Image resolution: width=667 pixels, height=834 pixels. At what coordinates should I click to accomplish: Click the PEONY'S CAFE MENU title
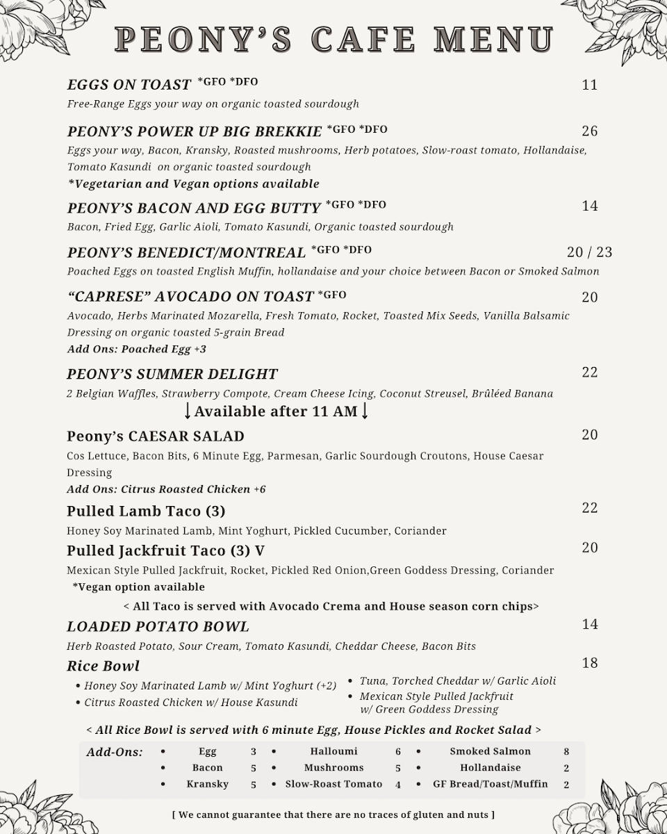[x=333, y=40]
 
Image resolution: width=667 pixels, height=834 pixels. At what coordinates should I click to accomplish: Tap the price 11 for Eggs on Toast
[x=589, y=85]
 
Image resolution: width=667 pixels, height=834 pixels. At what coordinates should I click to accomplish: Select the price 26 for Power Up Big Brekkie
[x=589, y=131]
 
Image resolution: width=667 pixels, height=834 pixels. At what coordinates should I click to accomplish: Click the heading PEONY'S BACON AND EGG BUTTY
[x=194, y=208]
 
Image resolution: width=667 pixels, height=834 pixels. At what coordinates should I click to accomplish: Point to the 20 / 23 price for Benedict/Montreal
[x=589, y=252]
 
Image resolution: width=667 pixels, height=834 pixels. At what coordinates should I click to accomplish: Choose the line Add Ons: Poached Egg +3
[x=137, y=350]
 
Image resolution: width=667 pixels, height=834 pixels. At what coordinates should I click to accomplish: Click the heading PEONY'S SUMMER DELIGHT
[x=172, y=374]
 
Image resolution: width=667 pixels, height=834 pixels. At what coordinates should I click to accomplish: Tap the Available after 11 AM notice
[x=276, y=411]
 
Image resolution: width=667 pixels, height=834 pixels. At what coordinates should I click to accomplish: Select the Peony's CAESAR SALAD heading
[x=156, y=436]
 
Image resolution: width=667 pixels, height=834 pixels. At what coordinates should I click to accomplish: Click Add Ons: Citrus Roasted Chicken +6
[x=166, y=489]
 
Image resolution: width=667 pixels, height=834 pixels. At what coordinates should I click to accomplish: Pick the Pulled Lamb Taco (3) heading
[x=146, y=512]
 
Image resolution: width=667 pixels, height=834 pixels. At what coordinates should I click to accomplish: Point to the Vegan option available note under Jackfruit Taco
[x=138, y=587]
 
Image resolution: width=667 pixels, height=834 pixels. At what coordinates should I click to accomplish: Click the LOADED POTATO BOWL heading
[x=158, y=627]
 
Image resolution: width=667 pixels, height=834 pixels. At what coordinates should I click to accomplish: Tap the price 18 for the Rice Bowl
[x=589, y=663]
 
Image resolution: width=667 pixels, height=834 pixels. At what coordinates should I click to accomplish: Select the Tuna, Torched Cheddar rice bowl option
[x=458, y=681]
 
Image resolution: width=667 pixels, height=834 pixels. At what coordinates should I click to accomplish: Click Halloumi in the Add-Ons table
[x=334, y=751]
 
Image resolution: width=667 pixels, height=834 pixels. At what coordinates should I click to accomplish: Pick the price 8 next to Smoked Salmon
[x=566, y=751]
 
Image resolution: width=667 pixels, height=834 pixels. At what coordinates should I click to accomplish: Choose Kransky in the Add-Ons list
[x=208, y=784]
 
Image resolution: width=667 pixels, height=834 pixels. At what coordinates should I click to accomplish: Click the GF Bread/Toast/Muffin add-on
[x=490, y=784]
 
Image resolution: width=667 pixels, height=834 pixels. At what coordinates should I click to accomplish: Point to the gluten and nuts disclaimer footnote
[x=333, y=814]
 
